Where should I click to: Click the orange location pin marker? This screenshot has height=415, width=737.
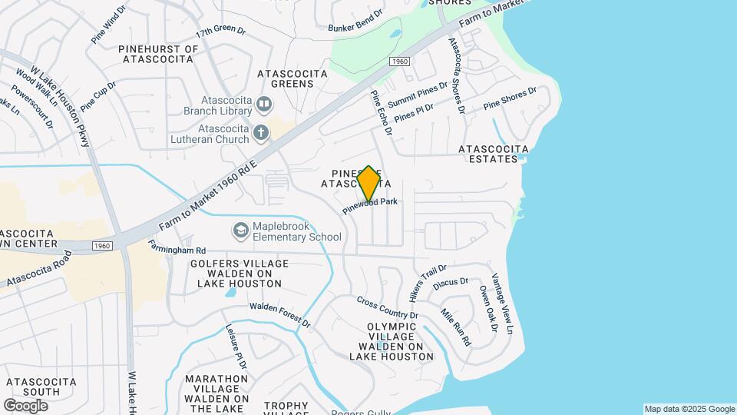coord(369,184)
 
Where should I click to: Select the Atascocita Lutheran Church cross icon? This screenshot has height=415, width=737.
coord(261,133)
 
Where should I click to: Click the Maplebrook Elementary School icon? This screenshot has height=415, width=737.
coord(241,231)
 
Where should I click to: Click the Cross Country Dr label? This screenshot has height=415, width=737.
coord(387,309)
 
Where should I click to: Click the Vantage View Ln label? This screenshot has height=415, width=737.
coord(501,303)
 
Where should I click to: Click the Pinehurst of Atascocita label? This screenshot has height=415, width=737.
coord(159,55)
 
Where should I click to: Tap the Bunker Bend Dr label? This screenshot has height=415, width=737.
coord(355,22)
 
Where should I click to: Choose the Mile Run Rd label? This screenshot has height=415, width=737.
coord(456,327)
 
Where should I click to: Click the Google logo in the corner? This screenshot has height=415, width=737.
coord(25,405)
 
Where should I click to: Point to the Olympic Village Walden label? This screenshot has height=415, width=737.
coord(392,341)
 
